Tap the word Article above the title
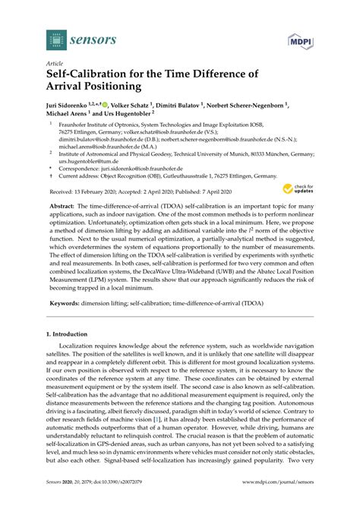tap(55, 65)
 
